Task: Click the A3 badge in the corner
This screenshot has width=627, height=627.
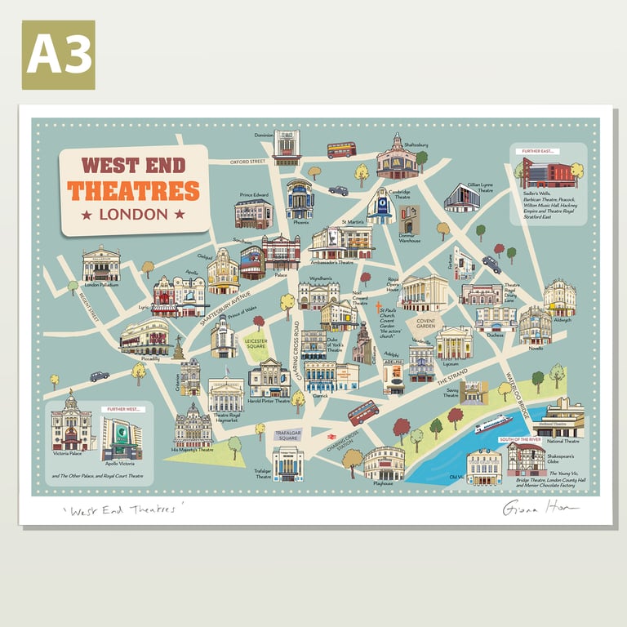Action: pyautogui.click(x=58, y=55)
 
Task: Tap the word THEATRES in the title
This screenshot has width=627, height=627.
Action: pyautogui.click(x=133, y=191)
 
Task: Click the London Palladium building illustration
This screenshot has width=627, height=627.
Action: pyautogui.click(x=101, y=264)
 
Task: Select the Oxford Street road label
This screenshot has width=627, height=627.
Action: pyautogui.click(x=248, y=162)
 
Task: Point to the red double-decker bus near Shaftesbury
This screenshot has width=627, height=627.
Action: pyautogui.click(x=341, y=150)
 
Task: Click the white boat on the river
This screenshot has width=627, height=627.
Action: pyautogui.click(x=492, y=423)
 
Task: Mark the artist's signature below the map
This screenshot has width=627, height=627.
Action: pyautogui.click(x=540, y=509)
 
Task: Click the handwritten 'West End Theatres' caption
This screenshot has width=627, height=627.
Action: pyautogui.click(x=122, y=511)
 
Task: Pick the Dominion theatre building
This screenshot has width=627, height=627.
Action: pyautogui.click(x=287, y=147)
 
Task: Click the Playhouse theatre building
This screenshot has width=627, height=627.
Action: pyautogui.click(x=384, y=463)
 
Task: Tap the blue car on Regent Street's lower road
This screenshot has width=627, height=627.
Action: pyautogui.click(x=100, y=376)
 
